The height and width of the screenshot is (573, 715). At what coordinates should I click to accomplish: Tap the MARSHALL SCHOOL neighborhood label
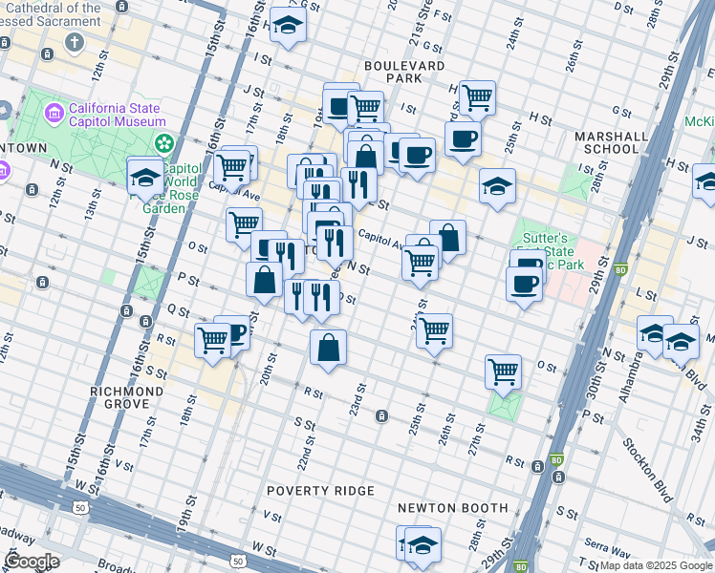click(606, 142)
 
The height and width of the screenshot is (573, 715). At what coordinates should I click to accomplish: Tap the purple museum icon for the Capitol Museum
click(54, 115)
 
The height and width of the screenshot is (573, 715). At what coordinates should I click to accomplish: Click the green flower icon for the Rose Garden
click(164, 143)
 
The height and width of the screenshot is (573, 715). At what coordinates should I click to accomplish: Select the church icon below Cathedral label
click(74, 43)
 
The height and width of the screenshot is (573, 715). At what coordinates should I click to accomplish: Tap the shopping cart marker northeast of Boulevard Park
click(476, 96)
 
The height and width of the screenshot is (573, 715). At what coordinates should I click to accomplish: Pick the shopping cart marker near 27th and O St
click(502, 371)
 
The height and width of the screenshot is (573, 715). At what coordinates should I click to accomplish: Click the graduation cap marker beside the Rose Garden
click(145, 178)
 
